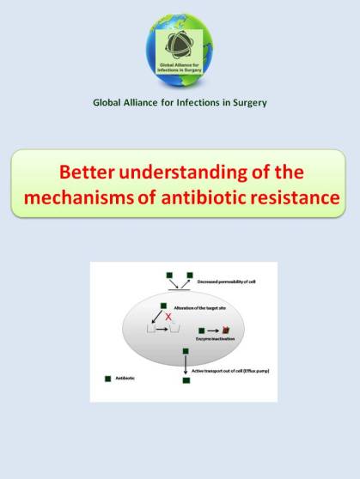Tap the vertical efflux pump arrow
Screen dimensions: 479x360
click(x=186, y=366)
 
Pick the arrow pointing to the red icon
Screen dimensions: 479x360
click(x=213, y=329)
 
